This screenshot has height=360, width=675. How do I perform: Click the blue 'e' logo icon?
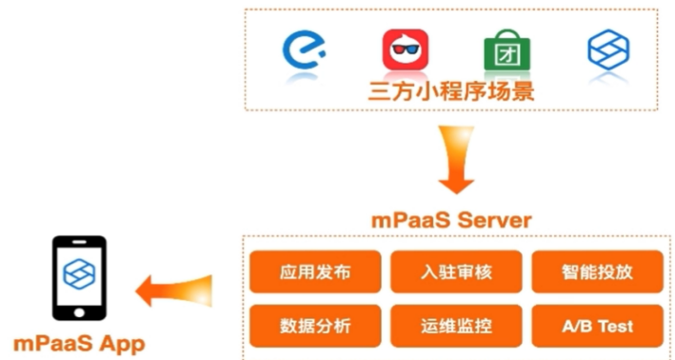(306, 49)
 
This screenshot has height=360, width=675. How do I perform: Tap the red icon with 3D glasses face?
(406, 50)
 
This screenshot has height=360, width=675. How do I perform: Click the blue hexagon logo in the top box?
(607, 50)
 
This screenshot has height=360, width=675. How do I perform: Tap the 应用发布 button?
(315, 272)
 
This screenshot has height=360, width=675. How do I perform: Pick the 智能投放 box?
(597, 272)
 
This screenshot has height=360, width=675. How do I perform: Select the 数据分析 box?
(315, 325)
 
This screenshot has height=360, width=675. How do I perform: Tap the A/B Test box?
(597, 325)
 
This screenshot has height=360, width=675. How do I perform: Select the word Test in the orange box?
(614, 325)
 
